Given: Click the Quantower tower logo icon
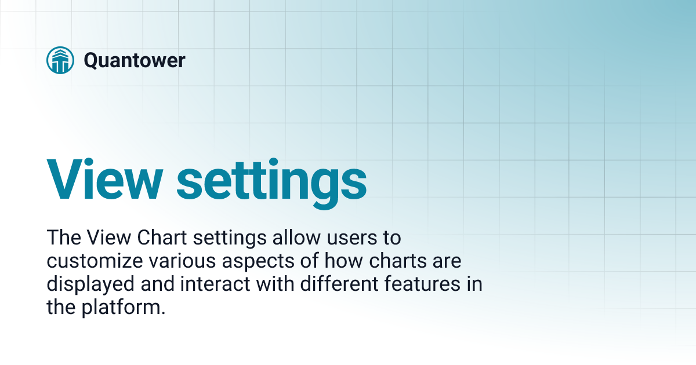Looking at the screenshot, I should pos(60,60).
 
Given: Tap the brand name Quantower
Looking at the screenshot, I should pos(135,60).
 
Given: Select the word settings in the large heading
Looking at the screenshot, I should pos(271,180).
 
